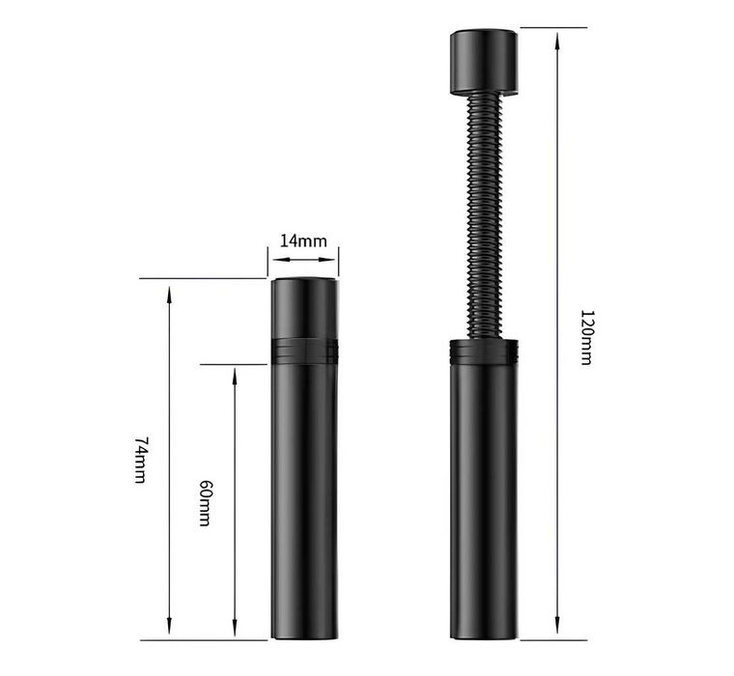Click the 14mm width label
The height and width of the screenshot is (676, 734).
click(303, 240)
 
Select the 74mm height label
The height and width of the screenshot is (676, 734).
click(141, 461)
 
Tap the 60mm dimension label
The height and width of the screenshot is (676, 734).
click(205, 503)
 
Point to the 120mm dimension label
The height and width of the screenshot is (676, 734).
click(586, 337)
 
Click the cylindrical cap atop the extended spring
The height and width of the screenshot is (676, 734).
click(484, 62)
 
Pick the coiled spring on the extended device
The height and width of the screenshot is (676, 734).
click(484, 215)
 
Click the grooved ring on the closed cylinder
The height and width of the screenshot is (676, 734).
click(304, 352)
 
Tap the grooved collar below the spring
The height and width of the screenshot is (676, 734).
click(484, 352)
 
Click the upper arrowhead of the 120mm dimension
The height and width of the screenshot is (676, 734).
click(556, 43)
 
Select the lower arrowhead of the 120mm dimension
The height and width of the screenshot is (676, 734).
click(556, 625)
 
